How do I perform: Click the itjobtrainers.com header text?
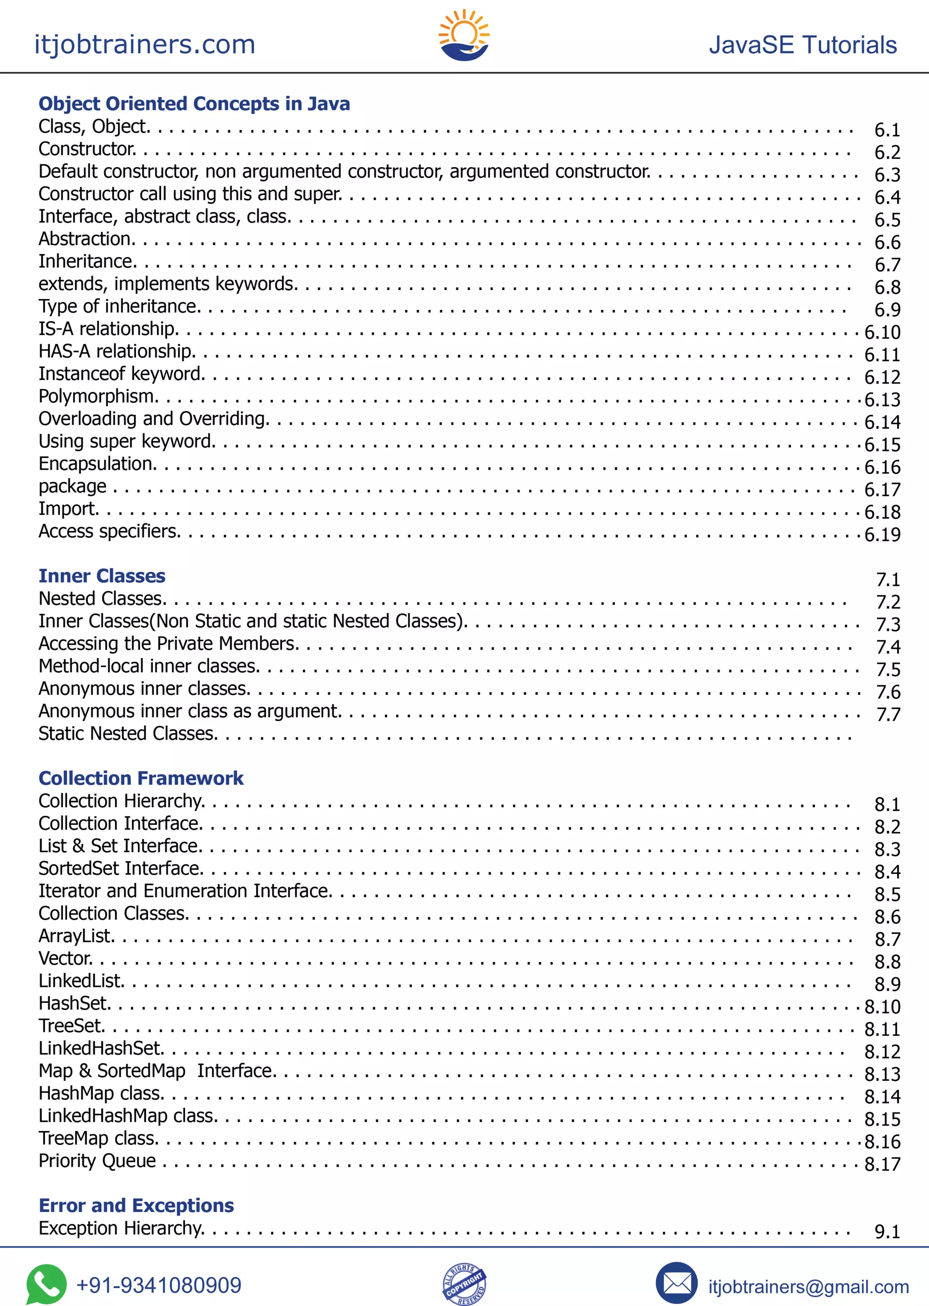tap(145, 44)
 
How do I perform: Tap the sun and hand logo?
tap(464, 35)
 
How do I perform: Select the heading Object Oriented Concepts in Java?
tap(194, 103)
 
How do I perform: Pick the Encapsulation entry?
tap(97, 464)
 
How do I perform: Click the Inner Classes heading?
tap(102, 576)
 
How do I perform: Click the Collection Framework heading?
tap(141, 778)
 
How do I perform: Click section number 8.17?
tap(882, 1164)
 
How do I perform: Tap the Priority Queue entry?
tap(97, 1161)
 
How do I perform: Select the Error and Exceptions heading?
tap(136, 1205)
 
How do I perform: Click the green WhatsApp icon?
tap(46, 1284)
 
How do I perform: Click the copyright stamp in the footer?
tap(464, 1284)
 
